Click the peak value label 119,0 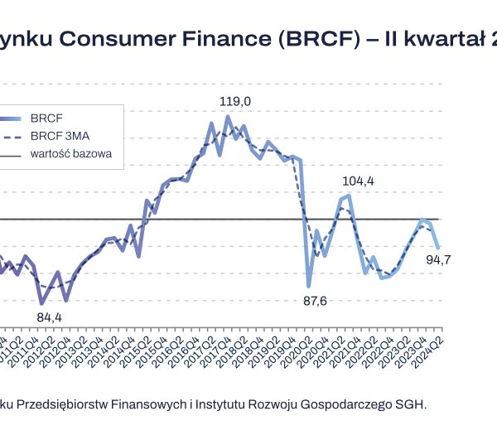(x=235, y=101)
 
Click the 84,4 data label (x=50, y=317)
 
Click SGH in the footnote (x=411, y=404)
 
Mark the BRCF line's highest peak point (x=228, y=117)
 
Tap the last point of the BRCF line (x=438, y=247)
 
